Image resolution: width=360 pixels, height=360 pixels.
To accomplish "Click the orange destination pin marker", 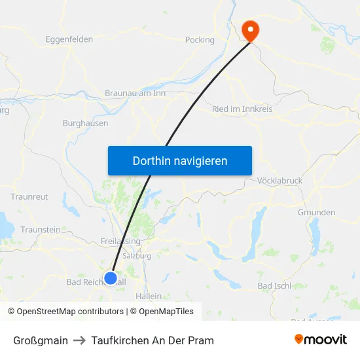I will (250, 29).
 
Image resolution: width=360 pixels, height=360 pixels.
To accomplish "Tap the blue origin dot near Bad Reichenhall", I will (111, 278).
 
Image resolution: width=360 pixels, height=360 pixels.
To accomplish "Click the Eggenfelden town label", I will (69, 39).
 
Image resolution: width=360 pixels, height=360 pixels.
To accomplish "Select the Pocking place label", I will (200, 39).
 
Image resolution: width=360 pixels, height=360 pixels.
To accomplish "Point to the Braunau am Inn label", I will (135, 94).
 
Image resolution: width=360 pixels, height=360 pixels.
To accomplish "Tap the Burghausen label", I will (85, 122).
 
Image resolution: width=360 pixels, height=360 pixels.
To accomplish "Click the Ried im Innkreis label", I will (242, 109).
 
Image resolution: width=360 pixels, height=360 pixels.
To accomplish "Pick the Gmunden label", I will (316, 212).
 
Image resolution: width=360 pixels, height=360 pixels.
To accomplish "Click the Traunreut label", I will (29, 196).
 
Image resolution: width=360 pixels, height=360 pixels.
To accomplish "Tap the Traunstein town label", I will (41, 230).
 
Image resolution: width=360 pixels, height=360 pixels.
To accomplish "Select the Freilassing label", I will (122, 240).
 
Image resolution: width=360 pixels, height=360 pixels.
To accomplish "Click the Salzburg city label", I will (137, 256).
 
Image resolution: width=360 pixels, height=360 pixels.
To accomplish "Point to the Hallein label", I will (148, 296).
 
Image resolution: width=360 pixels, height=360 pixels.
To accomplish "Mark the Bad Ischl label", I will (274, 286).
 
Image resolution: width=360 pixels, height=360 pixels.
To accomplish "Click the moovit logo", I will (320, 340).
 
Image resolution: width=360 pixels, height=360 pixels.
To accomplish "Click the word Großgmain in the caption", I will (41, 340).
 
